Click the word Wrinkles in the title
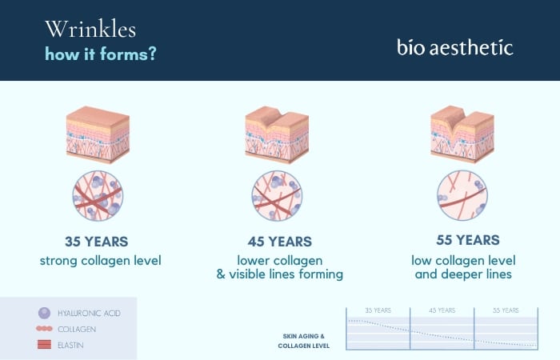(x=90, y=30)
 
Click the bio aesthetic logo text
(x=454, y=46)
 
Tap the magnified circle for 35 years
(x=97, y=195)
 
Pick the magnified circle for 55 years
(x=462, y=195)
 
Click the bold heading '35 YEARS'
(x=97, y=241)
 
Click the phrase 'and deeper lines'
(x=463, y=274)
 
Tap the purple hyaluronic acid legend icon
(x=43, y=313)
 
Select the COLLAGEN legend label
(x=77, y=329)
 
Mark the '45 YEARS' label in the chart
(x=442, y=310)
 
